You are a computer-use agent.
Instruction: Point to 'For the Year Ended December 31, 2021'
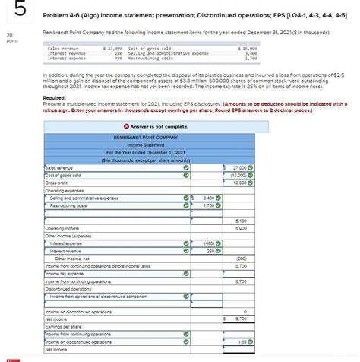(158, 153)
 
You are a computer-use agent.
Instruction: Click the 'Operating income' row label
(63, 228)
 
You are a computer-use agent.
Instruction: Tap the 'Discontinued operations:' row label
(68, 289)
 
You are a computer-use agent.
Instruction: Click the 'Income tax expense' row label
(65, 274)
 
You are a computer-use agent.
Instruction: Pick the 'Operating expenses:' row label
(66, 191)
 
